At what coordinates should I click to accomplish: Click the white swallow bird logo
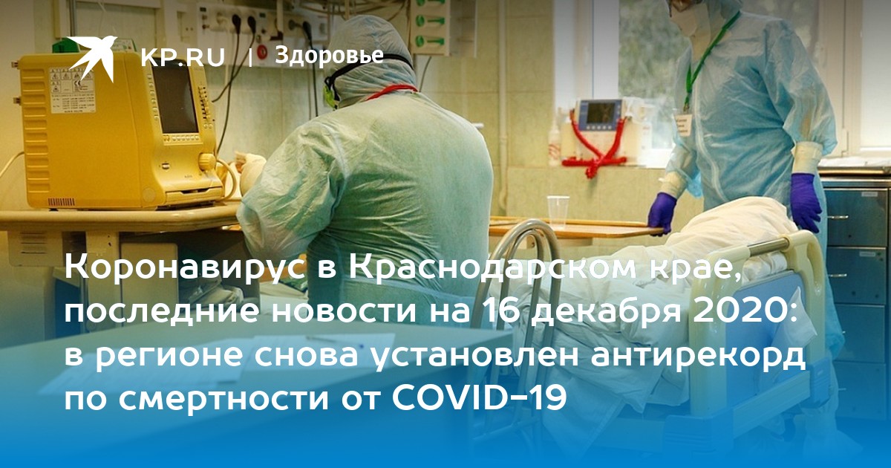tap(92, 59)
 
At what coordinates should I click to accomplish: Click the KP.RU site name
tap(183, 58)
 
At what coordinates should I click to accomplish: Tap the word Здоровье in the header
tap(329, 55)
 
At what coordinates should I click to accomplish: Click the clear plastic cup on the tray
tap(558, 212)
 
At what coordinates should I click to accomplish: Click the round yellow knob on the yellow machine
tap(206, 162)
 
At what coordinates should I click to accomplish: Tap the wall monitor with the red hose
tap(600, 114)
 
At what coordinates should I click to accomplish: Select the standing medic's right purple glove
tap(662, 212)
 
